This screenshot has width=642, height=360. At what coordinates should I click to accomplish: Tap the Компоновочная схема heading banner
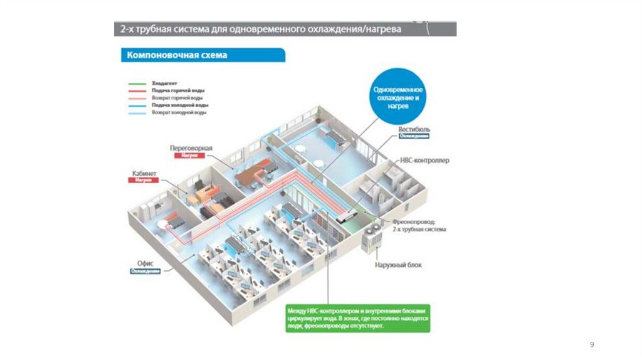(177, 55)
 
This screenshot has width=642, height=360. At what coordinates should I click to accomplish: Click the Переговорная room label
(191, 148)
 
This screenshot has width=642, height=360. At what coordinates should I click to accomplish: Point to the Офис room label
(145, 264)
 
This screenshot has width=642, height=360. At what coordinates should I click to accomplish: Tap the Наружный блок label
(398, 265)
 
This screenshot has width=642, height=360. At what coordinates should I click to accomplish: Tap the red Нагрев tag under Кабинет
(144, 180)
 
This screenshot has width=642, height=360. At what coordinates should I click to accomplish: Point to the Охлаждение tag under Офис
(145, 271)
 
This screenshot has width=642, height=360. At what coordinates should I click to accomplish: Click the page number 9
(592, 344)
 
